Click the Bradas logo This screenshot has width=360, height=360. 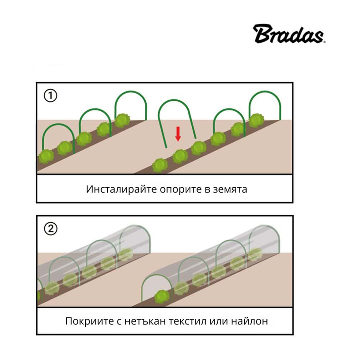(289, 34)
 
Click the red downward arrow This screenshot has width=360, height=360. (178, 133)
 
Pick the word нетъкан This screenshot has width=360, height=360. (145, 321)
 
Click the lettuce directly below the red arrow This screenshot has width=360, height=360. (180, 155)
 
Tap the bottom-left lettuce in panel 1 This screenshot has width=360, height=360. (46, 156)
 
